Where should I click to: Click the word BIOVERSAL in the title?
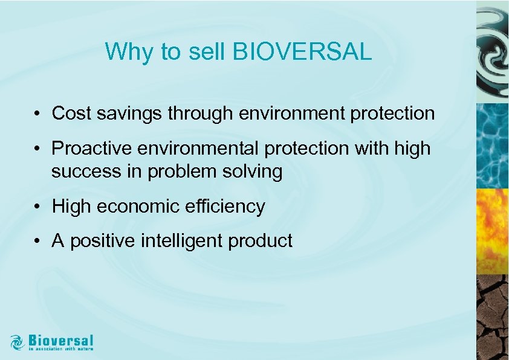tap(302, 52)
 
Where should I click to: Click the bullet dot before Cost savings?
tap(37, 114)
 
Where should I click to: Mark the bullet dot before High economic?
tap(37, 207)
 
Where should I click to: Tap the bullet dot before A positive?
tap(37, 242)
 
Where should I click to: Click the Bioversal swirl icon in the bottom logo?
tap(18, 342)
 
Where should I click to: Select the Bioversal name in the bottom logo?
tap(60, 339)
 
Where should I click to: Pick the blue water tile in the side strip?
tap(492, 145)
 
